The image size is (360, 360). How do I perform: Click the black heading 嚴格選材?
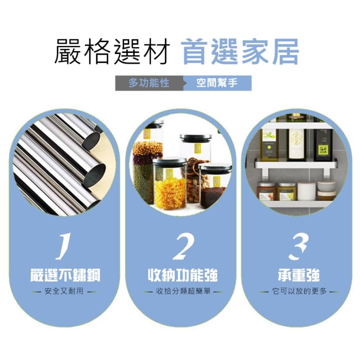[112, 51]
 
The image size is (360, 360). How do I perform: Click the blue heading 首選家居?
[240, 51]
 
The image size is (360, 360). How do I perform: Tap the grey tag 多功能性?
[149, 83]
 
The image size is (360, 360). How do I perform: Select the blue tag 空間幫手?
[217, 83]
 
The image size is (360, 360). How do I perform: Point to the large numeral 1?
[63, 247]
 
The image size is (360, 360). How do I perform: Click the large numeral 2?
[184, 247]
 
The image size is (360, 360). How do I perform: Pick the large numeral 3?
[299, 247]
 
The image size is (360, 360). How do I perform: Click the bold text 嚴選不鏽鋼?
[65, 276]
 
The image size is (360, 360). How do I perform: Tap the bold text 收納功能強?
[183, 276]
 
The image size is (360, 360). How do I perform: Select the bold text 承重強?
[299, 276]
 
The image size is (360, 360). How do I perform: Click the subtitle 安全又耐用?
[64, 291]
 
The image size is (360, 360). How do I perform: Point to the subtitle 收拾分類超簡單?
[184, 291]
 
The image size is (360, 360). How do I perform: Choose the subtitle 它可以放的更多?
[300, 291]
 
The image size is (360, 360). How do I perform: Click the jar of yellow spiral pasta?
[170, 184]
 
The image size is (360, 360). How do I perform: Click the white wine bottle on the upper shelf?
[296, 144]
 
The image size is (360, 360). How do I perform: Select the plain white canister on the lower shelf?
[306, 191]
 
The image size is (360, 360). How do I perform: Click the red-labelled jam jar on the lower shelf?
[266, 191]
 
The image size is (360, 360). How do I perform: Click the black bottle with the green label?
[323, 145]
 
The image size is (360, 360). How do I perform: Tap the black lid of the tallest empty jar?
[196, 138]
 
